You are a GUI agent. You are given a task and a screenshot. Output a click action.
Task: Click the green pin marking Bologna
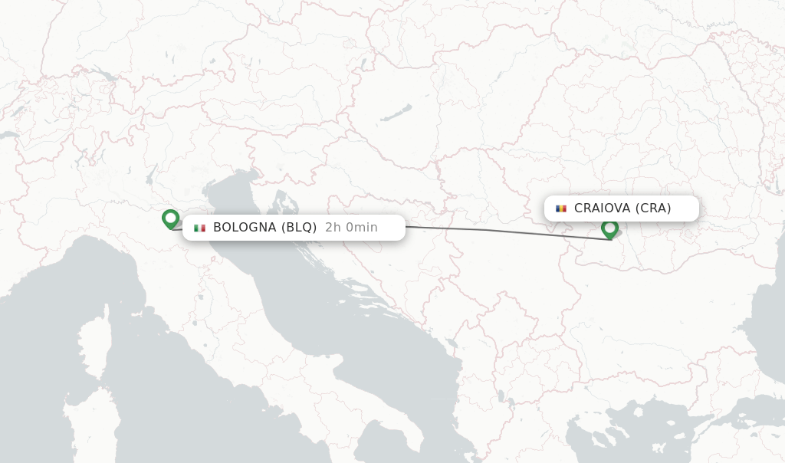pos(170,219)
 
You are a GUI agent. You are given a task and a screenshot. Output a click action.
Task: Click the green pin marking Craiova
pos(609,228)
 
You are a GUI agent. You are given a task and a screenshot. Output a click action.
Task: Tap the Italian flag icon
pos(200,228)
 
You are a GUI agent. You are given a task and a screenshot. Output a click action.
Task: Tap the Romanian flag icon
pos(561,209)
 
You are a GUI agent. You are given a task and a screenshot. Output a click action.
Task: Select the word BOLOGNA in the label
pos(244,228)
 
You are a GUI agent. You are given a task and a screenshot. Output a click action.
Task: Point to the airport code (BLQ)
pos(298,228)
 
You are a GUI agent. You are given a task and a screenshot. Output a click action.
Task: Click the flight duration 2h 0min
pos(351,228)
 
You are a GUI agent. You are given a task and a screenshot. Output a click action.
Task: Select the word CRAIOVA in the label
pos(602,209)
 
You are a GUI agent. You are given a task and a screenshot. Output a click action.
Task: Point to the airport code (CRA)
pos(652,209)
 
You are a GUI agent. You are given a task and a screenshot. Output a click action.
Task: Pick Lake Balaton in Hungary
pos(394,115)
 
